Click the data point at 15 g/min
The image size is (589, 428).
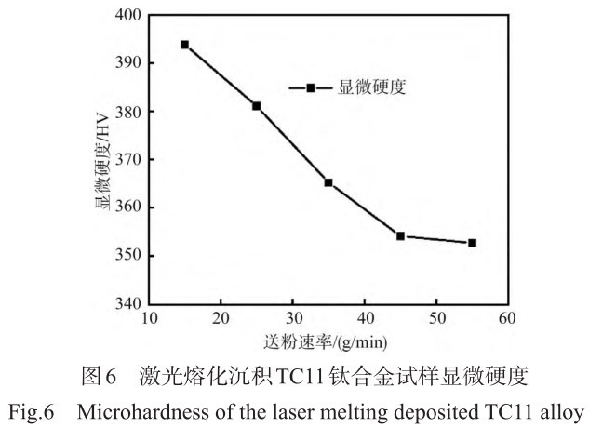(184, 45)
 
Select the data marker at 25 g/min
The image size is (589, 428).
(256, 106)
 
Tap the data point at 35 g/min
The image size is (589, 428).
(328, 182)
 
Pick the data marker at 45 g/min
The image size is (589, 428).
(400, 236)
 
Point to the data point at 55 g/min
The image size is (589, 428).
(472, 243)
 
